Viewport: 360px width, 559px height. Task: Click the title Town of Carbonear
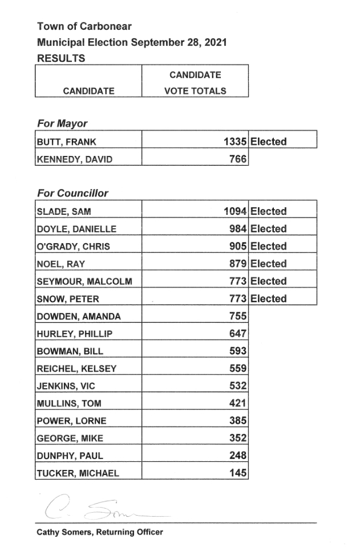pos(84,26)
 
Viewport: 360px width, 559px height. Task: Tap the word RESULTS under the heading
pos(61,58)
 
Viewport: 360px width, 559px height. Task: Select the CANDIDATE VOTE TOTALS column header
pos(195,83)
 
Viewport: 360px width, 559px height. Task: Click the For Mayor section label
pos(62,123)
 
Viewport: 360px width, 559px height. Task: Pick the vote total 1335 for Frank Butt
pos(236,142)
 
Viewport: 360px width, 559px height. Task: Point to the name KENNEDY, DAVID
pos(74,160)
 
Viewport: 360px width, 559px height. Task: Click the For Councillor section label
pos(72,193)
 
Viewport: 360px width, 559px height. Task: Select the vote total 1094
pos(236,211)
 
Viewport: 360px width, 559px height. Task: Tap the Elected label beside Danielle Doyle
pos(268,229)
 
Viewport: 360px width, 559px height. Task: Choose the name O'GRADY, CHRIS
pos(73,247)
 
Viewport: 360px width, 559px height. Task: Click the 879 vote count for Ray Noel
pos(238,264)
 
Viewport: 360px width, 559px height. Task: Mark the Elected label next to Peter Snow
pos(268,299)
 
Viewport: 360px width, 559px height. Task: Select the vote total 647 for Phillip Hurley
pos(238,333)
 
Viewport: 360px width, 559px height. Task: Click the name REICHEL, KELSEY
pos(76,369)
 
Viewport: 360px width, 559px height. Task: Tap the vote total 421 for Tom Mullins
pos(238,404)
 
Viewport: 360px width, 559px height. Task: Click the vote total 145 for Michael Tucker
pos(238,473)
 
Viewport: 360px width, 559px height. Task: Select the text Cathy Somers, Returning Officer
pos(100,532)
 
